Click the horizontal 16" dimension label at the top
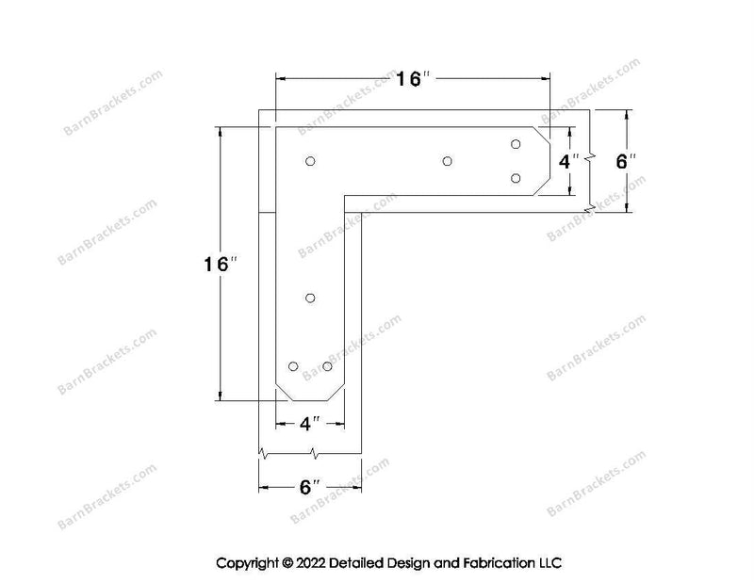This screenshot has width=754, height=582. [413, 79]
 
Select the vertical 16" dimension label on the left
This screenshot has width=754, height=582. [221, 264]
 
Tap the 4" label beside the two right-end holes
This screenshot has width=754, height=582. [569, 161]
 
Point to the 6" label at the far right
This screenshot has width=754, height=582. [627, 161]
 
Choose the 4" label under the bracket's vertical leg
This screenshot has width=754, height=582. [310, 424]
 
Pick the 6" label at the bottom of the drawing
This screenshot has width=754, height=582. [310, 487]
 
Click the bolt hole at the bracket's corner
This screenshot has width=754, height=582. [310, 161]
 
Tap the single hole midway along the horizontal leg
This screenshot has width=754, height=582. [447, 161]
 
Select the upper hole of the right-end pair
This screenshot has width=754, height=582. [516, 144]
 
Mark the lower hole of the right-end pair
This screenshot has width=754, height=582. [516, 178]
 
